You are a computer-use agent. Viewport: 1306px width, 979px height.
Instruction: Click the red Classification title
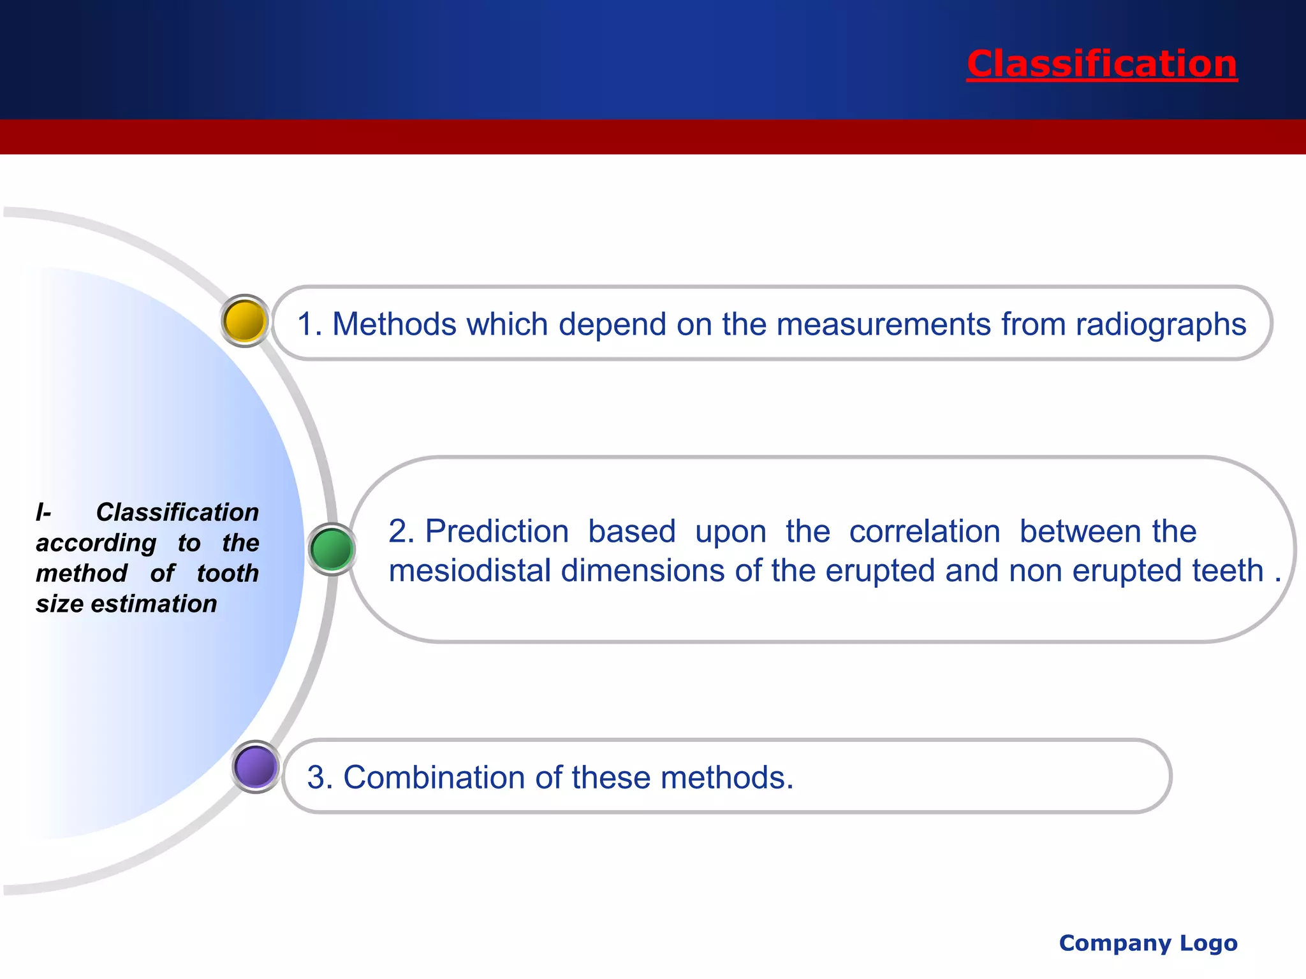[1101, 64]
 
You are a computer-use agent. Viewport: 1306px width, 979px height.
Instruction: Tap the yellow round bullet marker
[245, 321]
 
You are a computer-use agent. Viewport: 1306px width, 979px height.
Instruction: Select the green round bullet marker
[332, 549]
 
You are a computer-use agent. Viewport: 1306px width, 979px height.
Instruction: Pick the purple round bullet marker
[255, 766]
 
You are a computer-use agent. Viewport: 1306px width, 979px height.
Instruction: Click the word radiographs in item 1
[1161, 324]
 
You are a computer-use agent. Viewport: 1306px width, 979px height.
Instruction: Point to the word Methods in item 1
[394, 324]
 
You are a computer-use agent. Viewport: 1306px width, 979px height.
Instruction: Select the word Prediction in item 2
[497, 531]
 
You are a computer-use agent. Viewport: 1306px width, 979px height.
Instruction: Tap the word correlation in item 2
[925, 531]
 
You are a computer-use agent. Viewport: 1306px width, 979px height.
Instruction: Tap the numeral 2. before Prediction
[402, 531]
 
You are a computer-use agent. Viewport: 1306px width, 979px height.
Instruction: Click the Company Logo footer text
[1148, 943]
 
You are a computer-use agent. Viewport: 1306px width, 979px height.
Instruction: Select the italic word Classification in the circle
[177, 512]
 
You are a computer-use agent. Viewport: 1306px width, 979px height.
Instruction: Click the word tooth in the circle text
[228, 573]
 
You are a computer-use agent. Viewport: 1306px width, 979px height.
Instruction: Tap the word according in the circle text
[96, 543]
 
